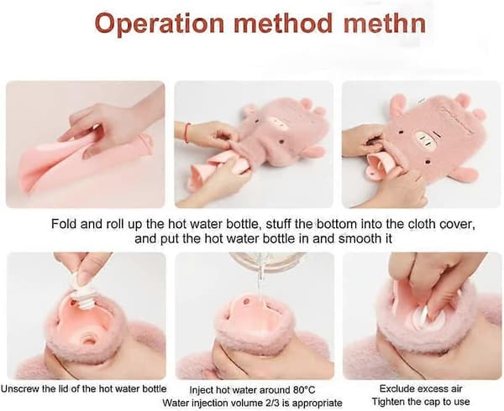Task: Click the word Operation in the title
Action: (x=159, y=23)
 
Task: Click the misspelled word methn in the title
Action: (x=385, y=23)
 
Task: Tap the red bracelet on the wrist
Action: (x=187, y=133)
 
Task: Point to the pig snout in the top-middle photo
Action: (x=277, y=124)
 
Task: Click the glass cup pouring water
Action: (x=267, y=263)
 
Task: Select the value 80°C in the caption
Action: (x=304, y=390)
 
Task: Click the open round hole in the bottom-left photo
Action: (x=89, y=340)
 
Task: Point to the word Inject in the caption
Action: (x=201, y=391)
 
